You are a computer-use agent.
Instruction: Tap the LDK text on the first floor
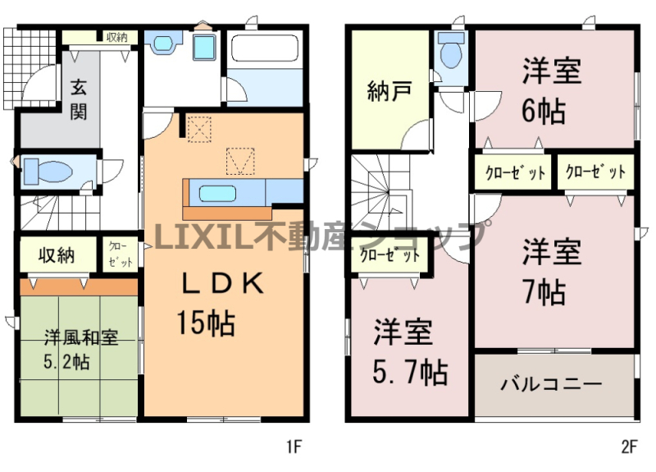223,283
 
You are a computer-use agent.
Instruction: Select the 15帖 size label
206,323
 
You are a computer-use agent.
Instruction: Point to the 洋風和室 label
81,338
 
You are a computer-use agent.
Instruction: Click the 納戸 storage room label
389,91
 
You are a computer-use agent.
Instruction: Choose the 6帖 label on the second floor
544,111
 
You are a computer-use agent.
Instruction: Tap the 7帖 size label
544,292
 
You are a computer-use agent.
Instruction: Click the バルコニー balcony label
551,383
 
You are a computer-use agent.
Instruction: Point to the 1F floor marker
294,447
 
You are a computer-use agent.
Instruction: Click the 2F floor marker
629,447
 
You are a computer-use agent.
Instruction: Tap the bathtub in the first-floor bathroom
264,49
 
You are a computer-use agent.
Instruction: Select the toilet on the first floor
48,171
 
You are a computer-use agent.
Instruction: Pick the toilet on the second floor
451,49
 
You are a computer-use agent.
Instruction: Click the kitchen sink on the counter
217,194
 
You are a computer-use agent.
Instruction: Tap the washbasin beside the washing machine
163,44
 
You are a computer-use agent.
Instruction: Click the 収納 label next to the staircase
57,254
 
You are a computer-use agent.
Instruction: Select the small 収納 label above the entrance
116,37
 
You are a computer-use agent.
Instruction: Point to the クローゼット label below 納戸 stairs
390,254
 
